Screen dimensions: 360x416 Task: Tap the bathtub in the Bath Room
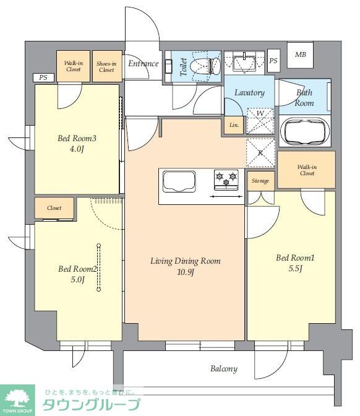point(305,131)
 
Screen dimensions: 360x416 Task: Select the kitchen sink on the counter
point(179,181)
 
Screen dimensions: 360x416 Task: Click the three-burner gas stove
point(226,180)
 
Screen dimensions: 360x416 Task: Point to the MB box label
point(301,54)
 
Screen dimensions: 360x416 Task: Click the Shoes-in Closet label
point(106,67)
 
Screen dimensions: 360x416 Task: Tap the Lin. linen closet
point(234,125)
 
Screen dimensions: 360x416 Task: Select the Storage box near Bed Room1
point(260,181)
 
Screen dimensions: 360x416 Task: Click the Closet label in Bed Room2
point(54,208)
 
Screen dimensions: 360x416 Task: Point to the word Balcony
point(224,369)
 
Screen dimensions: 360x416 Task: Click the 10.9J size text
point(186,272)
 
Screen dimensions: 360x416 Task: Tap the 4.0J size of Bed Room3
point(77,149)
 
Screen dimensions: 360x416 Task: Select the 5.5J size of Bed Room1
point(295,269)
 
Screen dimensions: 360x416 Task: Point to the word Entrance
point(144,63)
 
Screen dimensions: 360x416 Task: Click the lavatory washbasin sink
point(244,63)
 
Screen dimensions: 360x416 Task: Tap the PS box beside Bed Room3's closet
point(43,77)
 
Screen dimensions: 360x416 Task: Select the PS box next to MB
point(273,61)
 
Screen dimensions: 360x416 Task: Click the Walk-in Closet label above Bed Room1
point(307,170)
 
